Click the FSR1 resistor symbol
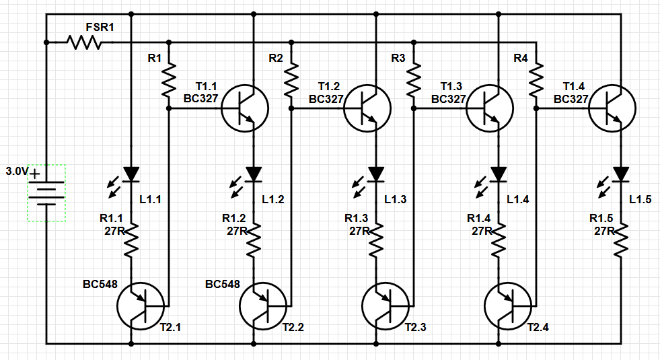[x=85, y=42]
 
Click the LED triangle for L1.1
[x=131, y=175]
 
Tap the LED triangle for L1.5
[x=620, y=175]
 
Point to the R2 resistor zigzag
[x=291, y=79]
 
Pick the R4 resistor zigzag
[x=536, y=79]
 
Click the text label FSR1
[x=100, y=28]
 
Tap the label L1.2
[x=273, y=199]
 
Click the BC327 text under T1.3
[x=448, y=99]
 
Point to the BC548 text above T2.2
[x=222, y=285]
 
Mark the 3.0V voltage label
[x=16, y=172]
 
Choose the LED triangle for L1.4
[x=498, y=175]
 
